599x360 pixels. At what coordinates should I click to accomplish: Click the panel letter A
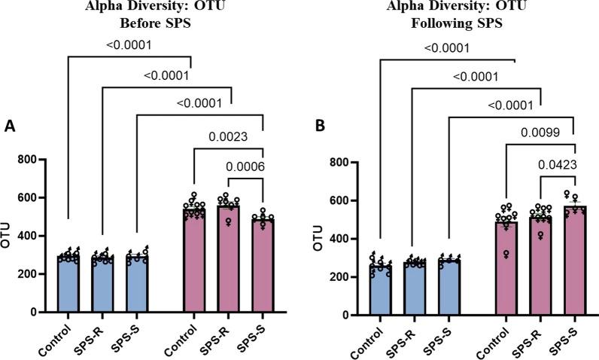(11, 127)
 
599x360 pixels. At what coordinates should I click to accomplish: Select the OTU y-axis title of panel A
(8, 236)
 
